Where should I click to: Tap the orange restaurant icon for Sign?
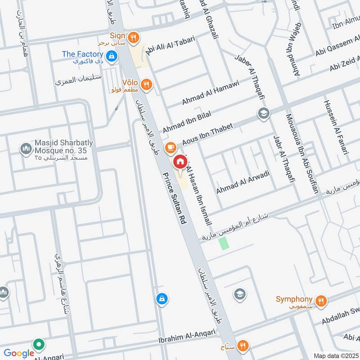pos(133,39)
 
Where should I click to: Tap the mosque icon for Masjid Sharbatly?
pos(25,148)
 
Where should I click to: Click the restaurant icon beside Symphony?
pos(321,301)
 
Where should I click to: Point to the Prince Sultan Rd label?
pos(175,198)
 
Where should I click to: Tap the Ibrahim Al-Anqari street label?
pos(187,337)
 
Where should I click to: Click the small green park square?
pos(224,243)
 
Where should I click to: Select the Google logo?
pos(19,354)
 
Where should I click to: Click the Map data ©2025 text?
pos(335,356)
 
